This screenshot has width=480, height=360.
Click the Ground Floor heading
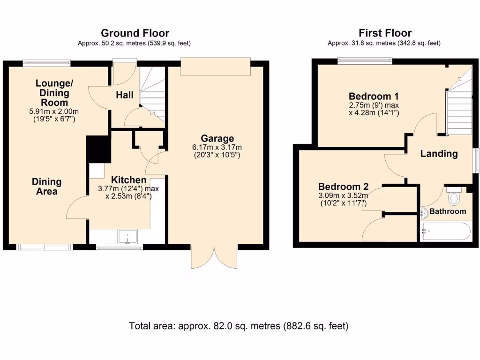pos(135,33)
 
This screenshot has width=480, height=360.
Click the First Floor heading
pos(385,33)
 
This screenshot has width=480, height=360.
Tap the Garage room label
pos(217,139)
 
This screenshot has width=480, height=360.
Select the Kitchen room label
pos(128,180)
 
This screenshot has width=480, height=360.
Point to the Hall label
pos(125,95)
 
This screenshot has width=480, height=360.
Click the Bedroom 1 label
pos(374,97)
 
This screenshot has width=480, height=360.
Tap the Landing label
pos(439,154)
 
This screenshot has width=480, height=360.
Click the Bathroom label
pos(448,211)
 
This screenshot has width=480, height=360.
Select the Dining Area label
pos(47,187)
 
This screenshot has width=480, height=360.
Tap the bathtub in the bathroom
pos(445,232)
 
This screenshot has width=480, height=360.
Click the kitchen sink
pos(127,237)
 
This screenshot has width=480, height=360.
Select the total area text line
pos(239,326)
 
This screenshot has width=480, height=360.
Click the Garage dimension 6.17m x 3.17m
pos(217,147)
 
